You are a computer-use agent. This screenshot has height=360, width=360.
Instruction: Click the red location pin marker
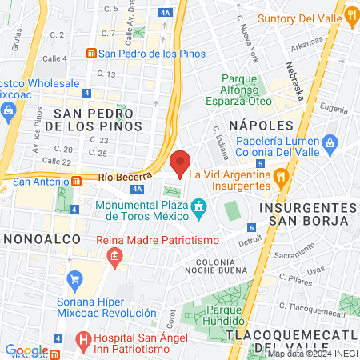(x=181, y=163)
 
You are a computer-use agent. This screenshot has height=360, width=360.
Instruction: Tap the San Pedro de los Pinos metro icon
(x=93, y=54)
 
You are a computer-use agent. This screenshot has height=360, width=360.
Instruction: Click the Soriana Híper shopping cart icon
(x=75, y=279)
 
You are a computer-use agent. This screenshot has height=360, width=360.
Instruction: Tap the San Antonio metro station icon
(x=6, y=181)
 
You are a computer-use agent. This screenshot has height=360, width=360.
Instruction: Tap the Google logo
(x=26, y=350)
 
